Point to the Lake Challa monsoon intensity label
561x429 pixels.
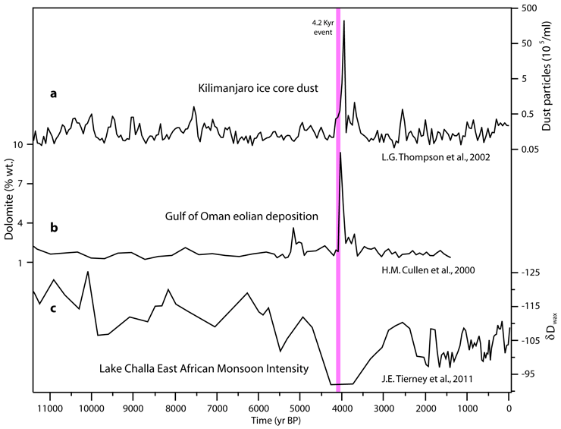pos(204,369)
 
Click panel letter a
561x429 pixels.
pos(53,94)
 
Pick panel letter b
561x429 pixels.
pos(53,227)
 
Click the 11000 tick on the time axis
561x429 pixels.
pos(49,406)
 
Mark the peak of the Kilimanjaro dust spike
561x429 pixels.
pos(344,21)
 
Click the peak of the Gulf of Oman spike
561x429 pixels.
pos(340,153)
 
